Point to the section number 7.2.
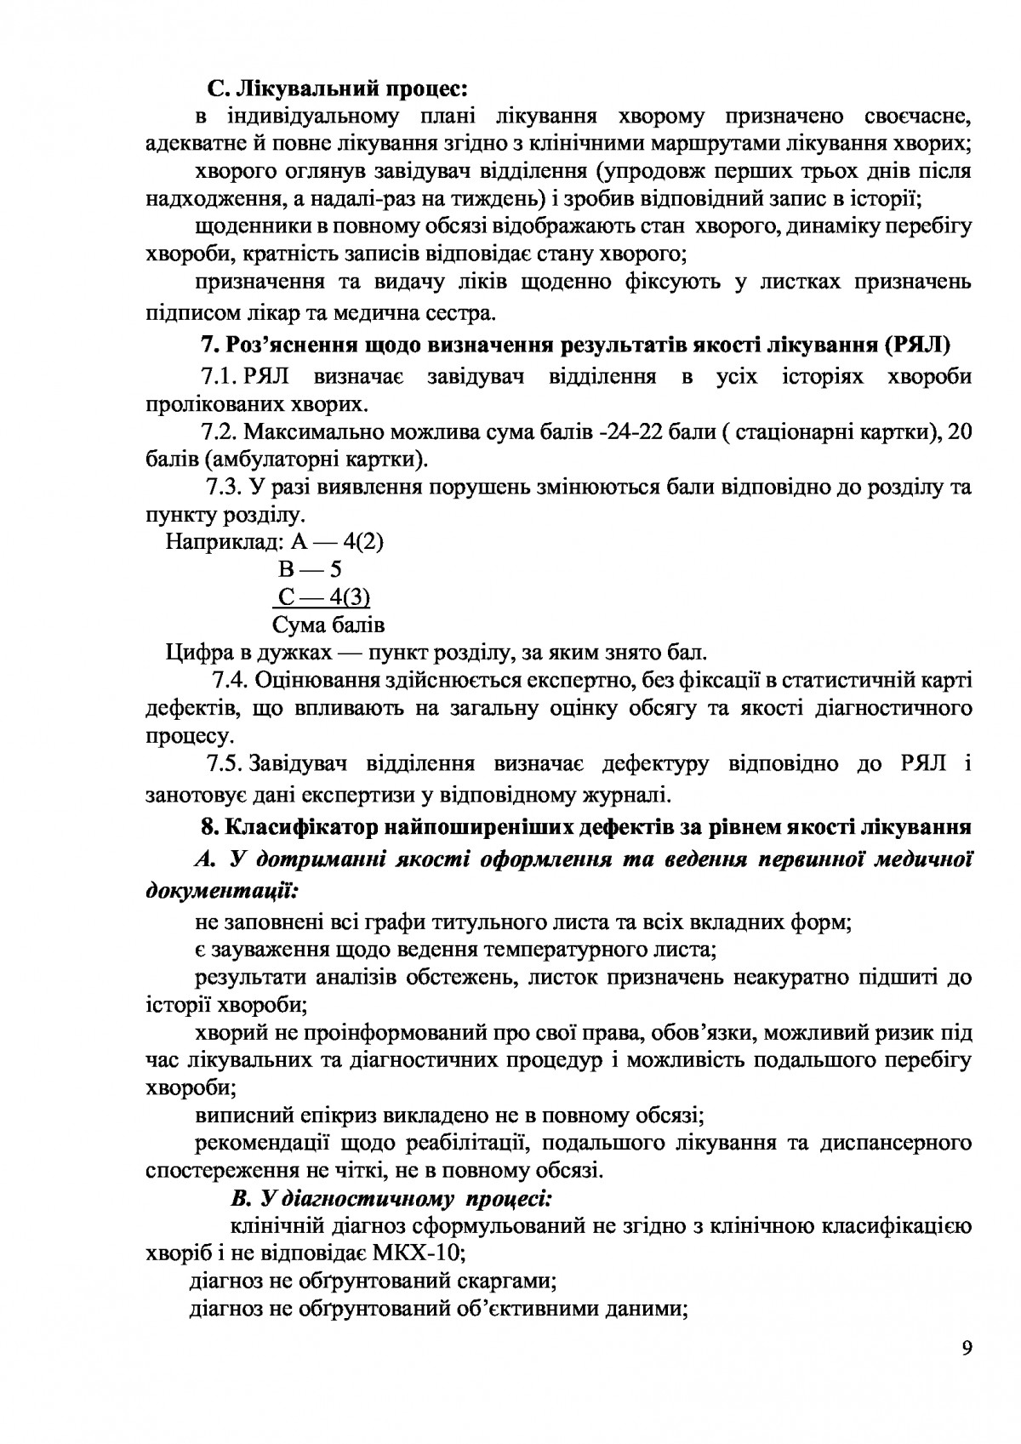[x=217, y=431]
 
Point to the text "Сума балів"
[x=328, y=625]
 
